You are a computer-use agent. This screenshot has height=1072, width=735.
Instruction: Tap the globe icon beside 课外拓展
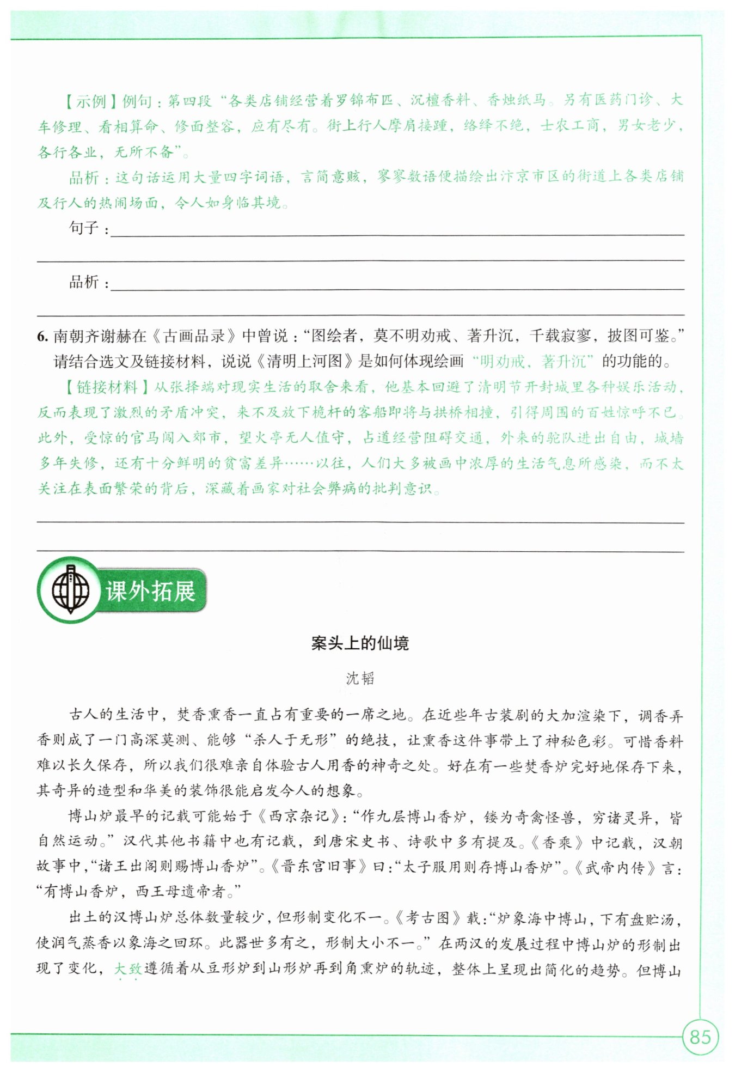pyautogui.click(x=70, y=590)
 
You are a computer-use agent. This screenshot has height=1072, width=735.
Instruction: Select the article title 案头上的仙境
pyautogui.click(x=360, y=643)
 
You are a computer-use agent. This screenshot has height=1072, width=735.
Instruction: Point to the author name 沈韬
pyautogui.click(x=360, y=678)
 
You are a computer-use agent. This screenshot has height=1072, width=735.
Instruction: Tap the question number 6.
pyautogui.click(x=42, y=336)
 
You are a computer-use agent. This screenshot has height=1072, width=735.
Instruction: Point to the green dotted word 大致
pyautogui.click(x=128, y=969)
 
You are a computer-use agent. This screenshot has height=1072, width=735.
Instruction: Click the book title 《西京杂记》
pyautogui.click(x=299, y=816)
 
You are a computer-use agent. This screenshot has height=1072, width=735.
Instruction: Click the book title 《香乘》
pyautogui.click(x=556, y=842)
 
